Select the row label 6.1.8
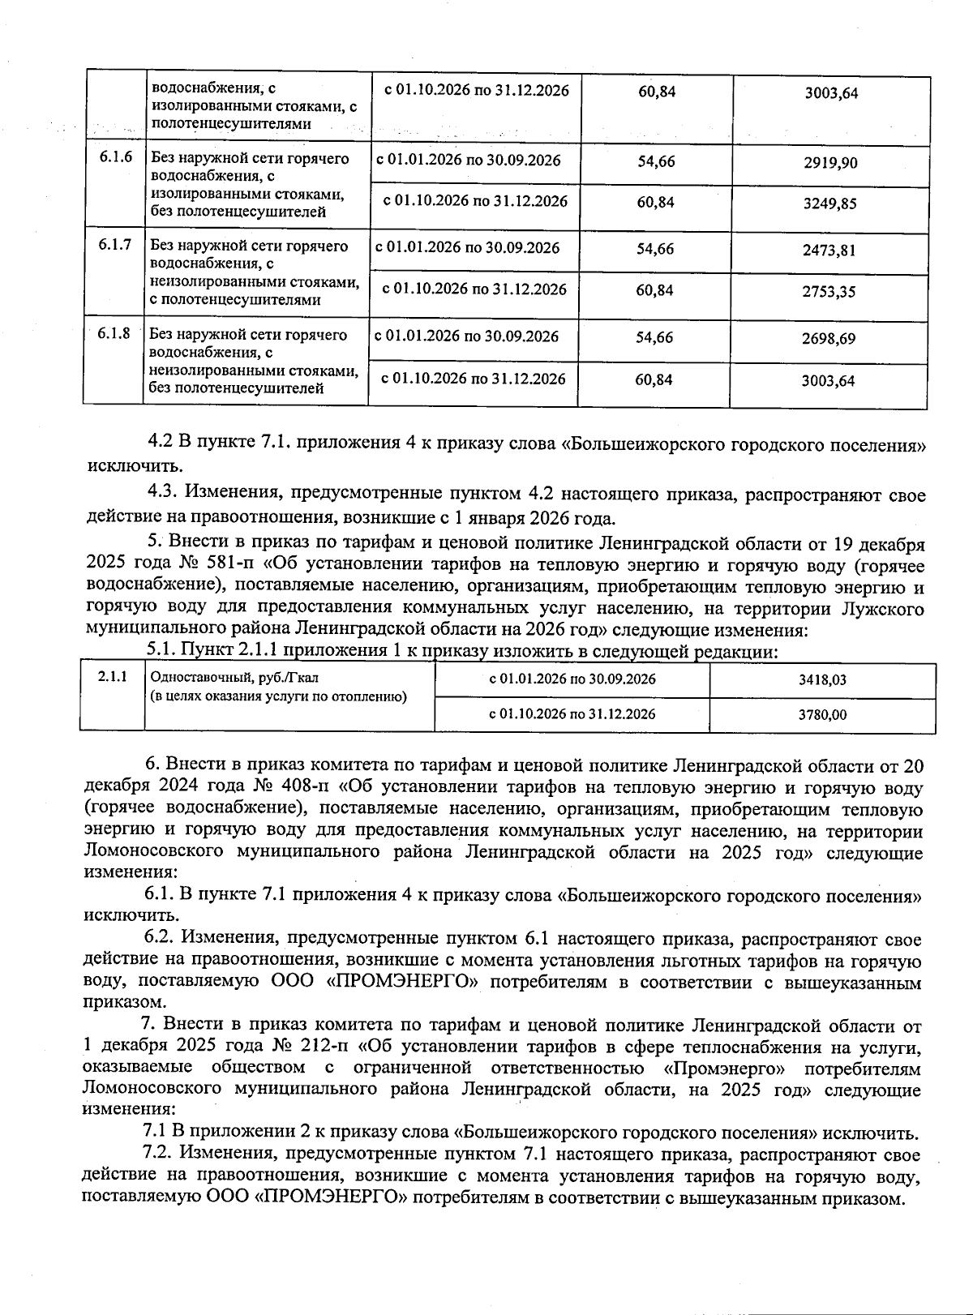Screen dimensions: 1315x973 click(114, 333)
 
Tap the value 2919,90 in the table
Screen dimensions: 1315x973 click(830, 163)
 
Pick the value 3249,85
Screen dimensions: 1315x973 click(829, 204)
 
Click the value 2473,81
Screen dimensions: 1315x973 click(829, 251)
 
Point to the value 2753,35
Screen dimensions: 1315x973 click(829, 292)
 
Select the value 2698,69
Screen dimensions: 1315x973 click(828, 339)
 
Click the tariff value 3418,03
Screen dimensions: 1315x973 click(822, 680)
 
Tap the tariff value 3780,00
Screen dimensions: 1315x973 click(822, 715)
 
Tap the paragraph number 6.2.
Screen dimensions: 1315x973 click(160, 939)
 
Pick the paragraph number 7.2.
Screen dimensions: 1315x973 click(159, 1154)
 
